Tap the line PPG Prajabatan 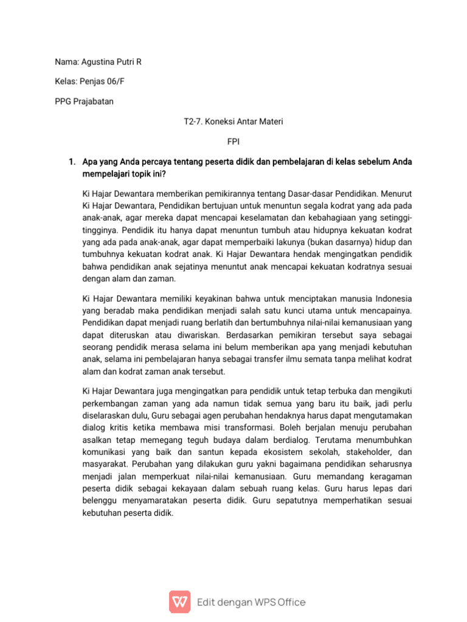(x=84, y=101)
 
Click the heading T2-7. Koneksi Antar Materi (x=233, y=121)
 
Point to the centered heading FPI (x=233, y=141)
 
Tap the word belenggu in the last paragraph (x=101, y=501)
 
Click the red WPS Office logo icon (x=179, y=602)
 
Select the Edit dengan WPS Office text (x=251, y=603)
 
